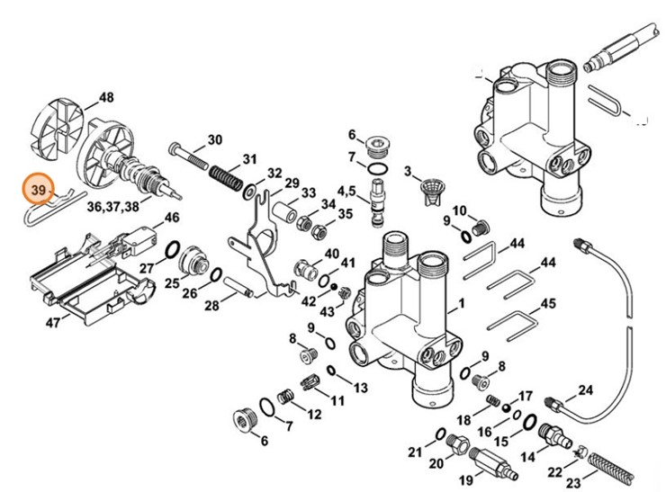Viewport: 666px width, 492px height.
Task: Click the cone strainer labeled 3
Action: coord(434,189)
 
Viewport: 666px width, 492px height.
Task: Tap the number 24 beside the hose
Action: coord(586,390)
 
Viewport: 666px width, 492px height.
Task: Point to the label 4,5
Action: coord(347,190)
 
